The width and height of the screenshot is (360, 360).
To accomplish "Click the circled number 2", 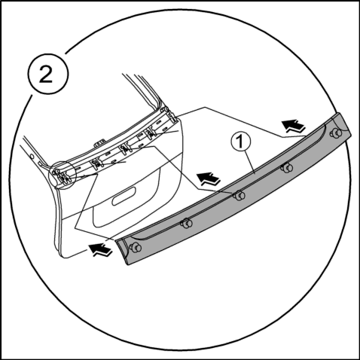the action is pyautogui.click(x=47, y=75).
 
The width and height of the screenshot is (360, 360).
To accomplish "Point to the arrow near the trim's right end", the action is pyautogui.click(x=293, y=126).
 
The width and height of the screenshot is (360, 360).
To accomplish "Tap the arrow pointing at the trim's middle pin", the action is pyautogui.click(x=208, y=179).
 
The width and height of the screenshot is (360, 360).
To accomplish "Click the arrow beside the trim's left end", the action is pyautogui.click(x=99, y=250).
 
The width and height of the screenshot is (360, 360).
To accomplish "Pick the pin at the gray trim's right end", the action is pyautogui.click(x=336, y=133).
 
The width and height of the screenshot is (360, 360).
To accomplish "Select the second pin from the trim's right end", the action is pyautogui.click(x=287, y=167).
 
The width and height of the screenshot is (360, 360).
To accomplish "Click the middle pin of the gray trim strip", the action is pyautogui.click(x=239, y=195).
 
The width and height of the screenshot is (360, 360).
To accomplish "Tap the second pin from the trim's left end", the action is pyautogui.click(x=187, y=223).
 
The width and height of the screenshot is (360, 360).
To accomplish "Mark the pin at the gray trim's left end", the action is pyautogui.click(x=135, y=248).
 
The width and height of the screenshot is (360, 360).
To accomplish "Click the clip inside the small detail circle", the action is pyautogui.click(x=63, y=176).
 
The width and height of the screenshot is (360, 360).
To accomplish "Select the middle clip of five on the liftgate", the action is pyautogui.click(x=125, y=149).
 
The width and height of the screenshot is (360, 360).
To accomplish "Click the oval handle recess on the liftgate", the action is pyautogui.click(x=124, y=197).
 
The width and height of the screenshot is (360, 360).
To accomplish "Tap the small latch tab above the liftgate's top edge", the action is pyautogui.click(x=99, y=142).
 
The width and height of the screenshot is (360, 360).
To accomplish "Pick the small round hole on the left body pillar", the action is pyautogui.click(x=32, y=156).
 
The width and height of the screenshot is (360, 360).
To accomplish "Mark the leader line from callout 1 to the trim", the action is pyautogui.click(x=250, y=162).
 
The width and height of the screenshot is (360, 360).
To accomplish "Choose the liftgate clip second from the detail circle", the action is pyautogui.click(x=96, y=163).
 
